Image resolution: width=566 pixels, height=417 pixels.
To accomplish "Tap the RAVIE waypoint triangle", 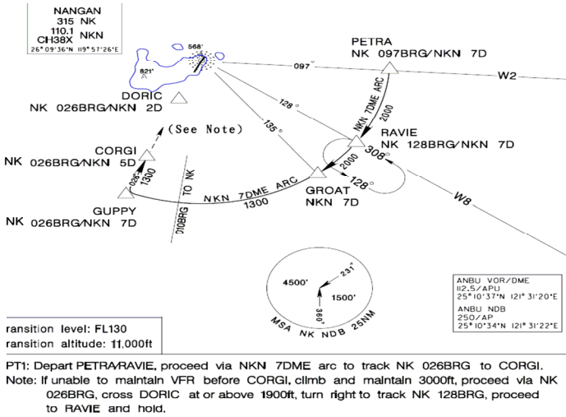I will (356, 141).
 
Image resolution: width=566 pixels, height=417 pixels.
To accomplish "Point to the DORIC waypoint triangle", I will (181, 99).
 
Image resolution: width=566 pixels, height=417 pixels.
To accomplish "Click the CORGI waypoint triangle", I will (146, 154).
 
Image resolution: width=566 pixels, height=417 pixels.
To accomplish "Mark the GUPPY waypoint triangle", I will (126, 193).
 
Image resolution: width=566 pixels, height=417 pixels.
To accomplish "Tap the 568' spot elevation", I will (195, 47).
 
